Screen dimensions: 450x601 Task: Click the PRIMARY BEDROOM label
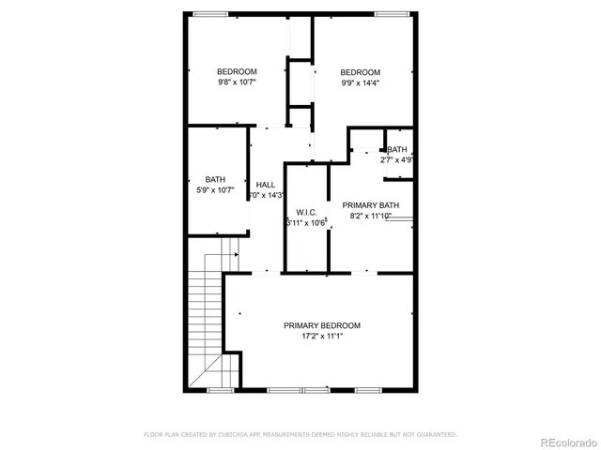coord(322,325)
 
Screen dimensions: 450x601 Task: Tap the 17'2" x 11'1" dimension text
coord(322,336)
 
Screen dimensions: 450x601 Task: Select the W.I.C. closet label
coord(305,212)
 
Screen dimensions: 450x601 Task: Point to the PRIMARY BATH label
coord(370,205)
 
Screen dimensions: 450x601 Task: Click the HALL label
coord(266,185)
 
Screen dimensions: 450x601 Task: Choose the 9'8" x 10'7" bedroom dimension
coord(237,82)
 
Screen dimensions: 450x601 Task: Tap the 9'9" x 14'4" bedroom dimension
coord(360,82)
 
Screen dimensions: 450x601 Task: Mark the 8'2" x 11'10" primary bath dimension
coord(370,216)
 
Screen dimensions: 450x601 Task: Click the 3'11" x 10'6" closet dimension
coord(306,222)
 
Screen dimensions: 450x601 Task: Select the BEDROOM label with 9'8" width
coord(237,72)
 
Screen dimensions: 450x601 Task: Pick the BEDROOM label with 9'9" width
coord(360,72)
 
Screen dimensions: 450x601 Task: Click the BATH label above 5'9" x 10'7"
coord(216,180)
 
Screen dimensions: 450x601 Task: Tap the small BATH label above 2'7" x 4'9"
coord(397,149)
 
